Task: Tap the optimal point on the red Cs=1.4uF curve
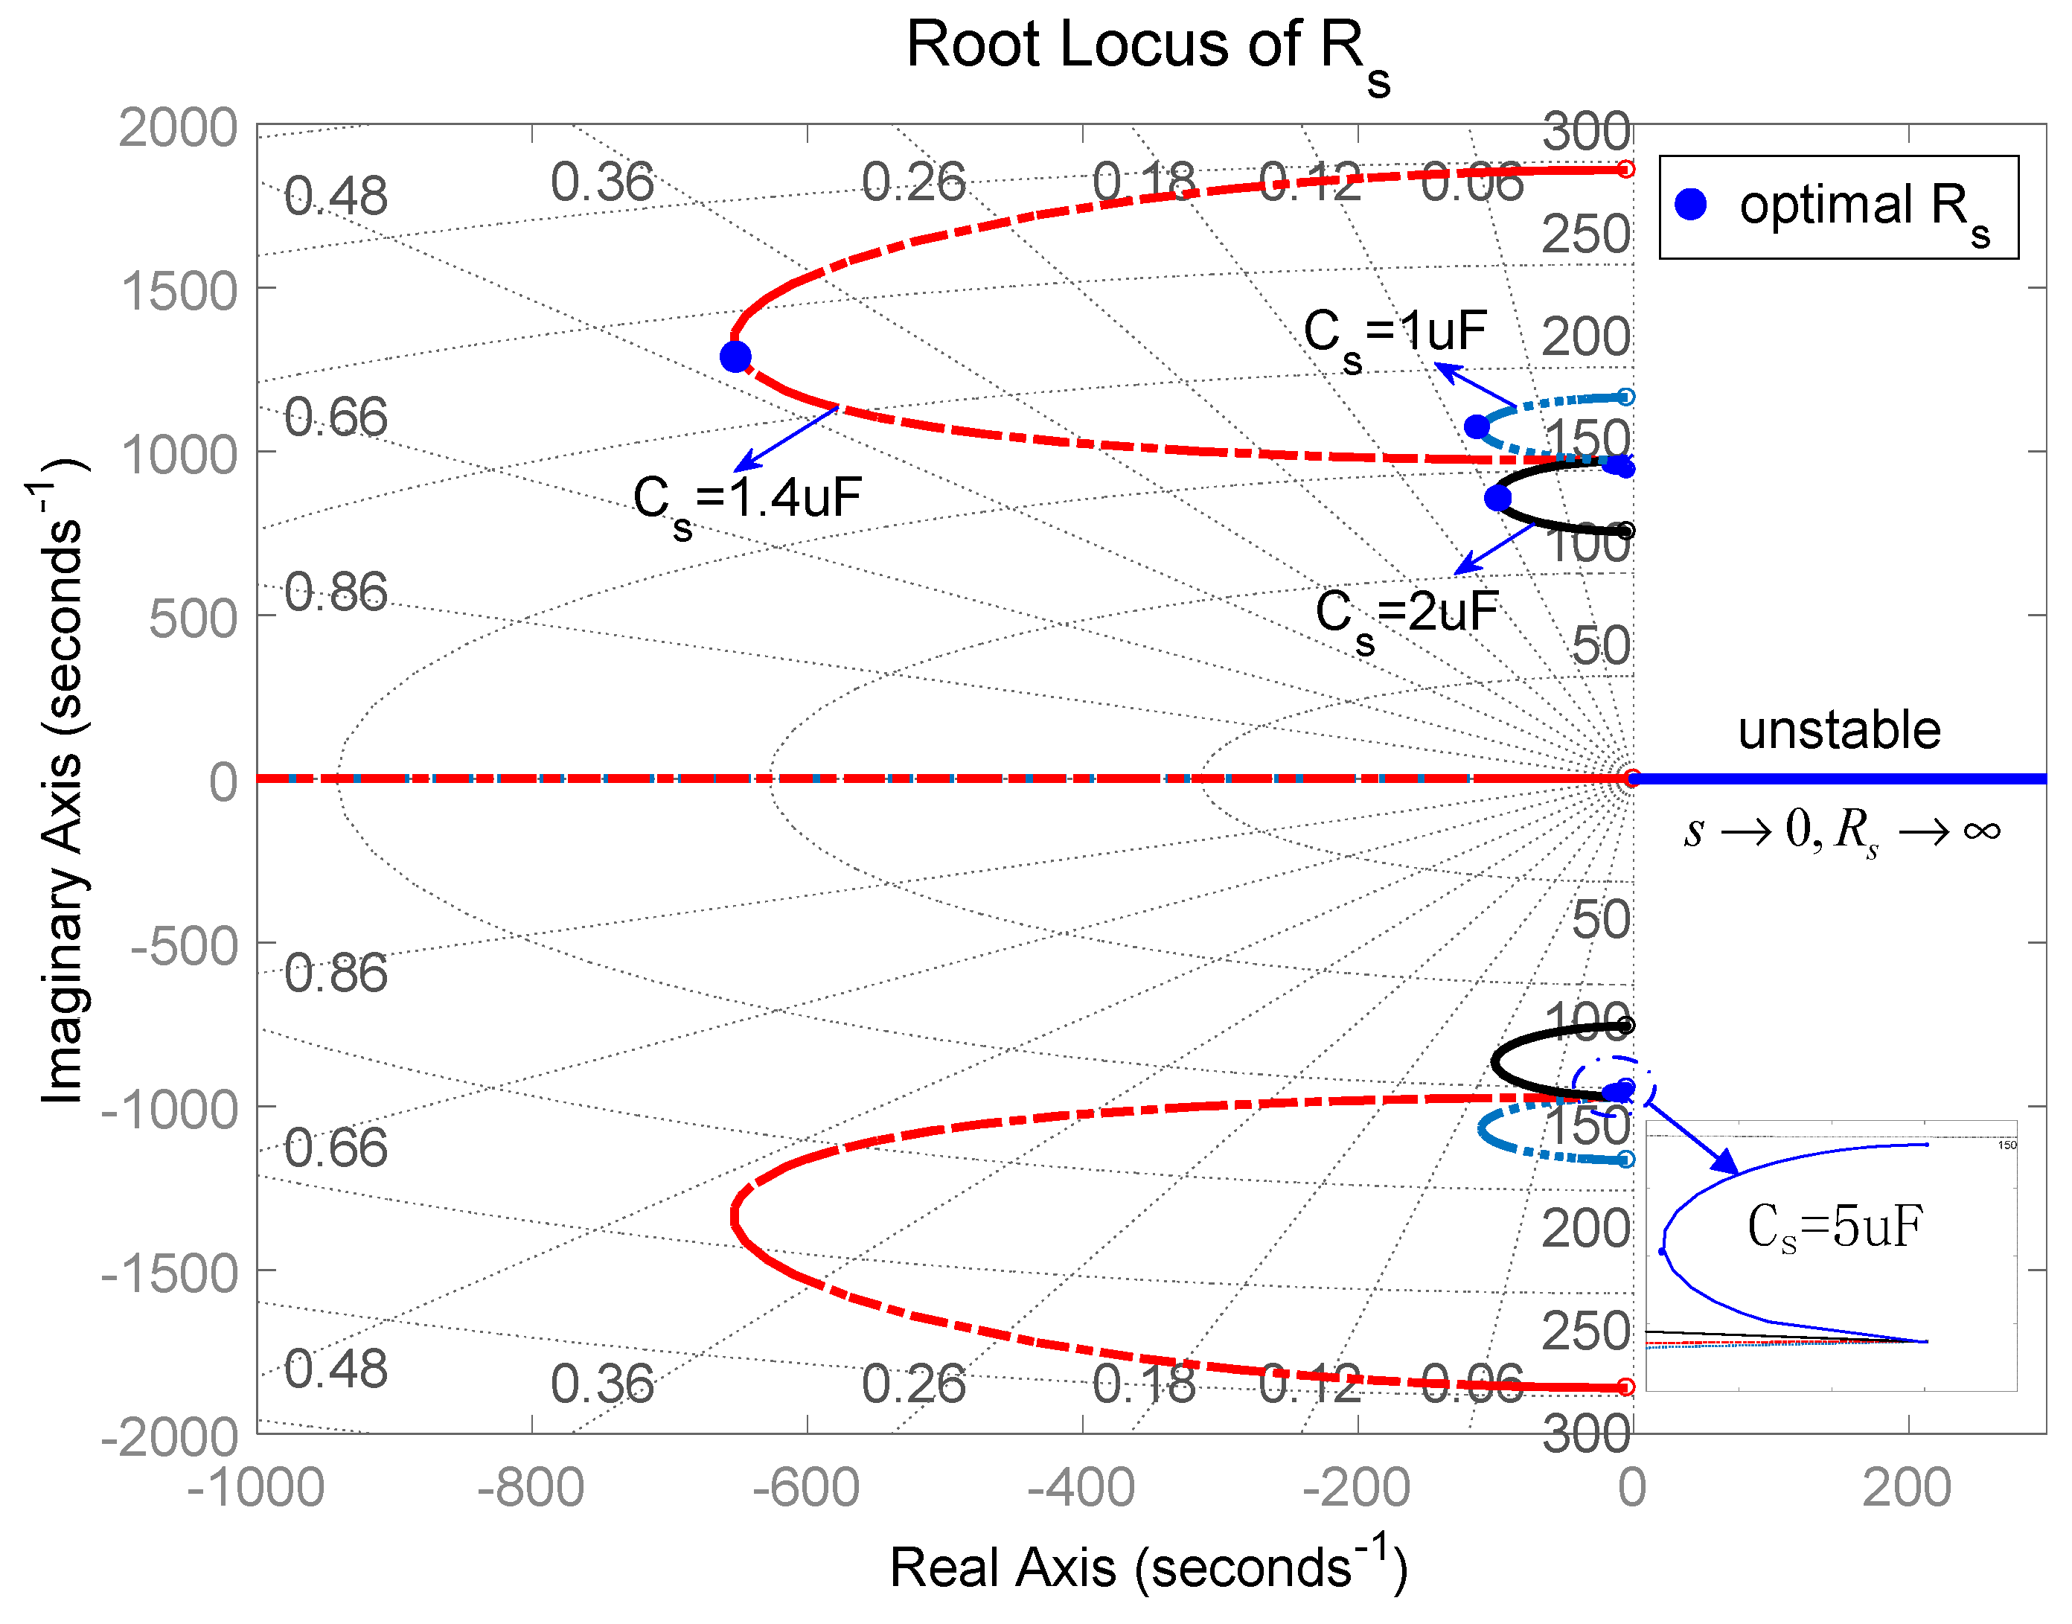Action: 735,357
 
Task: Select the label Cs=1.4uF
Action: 747,500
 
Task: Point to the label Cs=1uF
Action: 1395,335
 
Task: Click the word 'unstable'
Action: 1839,730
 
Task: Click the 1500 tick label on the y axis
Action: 179,292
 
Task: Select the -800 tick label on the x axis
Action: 531,1488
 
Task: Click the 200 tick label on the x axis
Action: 1907,1488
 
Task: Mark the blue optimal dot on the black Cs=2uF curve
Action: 1497,497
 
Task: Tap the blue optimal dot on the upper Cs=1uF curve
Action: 1477,427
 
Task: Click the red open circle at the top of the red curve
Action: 1626,169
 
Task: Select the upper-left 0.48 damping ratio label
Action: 336,196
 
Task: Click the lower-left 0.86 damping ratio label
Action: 336,974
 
